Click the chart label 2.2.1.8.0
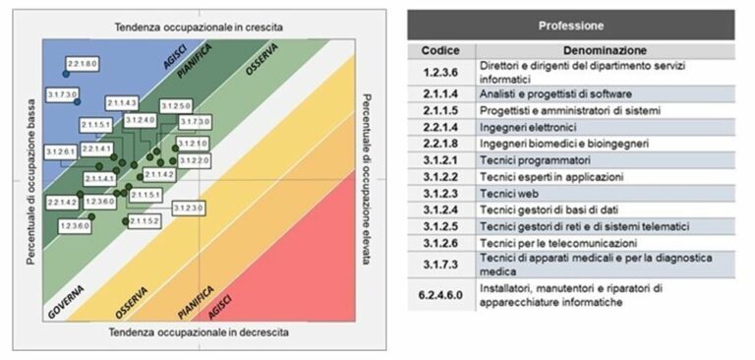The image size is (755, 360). tap(83, 63)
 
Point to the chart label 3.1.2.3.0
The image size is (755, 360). tap(188, 208)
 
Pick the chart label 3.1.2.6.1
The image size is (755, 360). tap(61, 151)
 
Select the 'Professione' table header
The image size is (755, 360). tap(571, 25)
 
